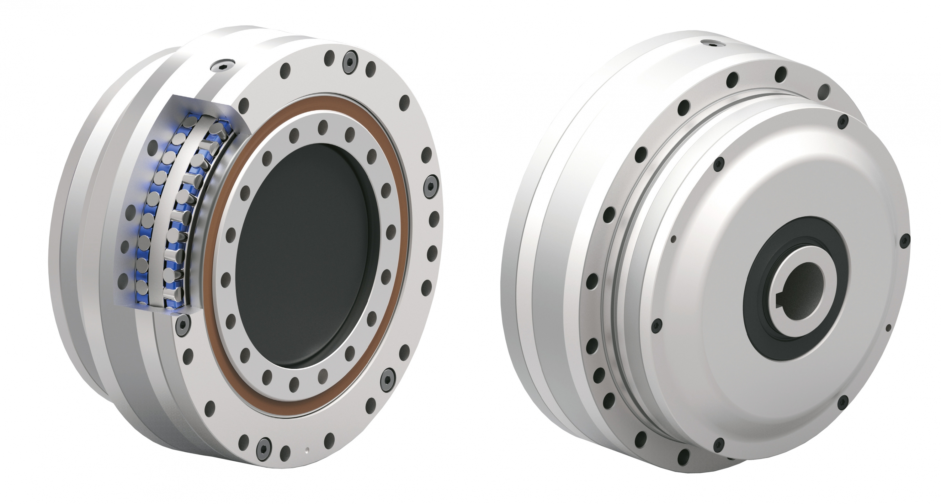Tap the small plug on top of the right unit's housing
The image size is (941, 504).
(x=710, y=54)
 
